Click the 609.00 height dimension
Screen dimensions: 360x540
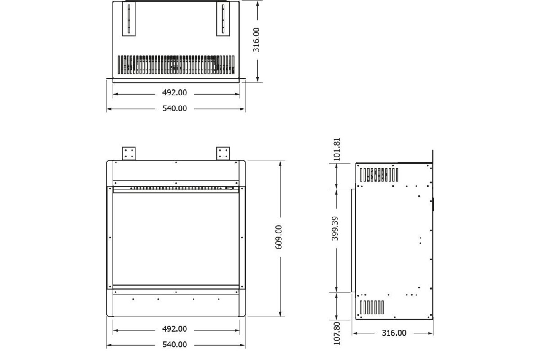[279, 237]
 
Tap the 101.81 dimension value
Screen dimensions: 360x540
[336, 149]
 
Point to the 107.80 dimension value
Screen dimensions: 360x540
[337, 333]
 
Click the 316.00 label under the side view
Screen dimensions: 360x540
[394, 333]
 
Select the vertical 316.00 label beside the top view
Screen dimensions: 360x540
[256, 40]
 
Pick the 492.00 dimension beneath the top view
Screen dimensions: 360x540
[175, 92]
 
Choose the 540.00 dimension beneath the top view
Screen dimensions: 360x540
[175, 108]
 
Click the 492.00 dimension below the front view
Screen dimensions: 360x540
[175, 329]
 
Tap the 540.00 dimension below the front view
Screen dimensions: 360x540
[175, 345]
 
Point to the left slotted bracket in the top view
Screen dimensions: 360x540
[129, 19]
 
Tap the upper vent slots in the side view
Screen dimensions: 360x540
[378, 175]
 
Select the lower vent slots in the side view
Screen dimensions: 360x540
[372, 307]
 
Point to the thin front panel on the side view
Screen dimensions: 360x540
[353, 240]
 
